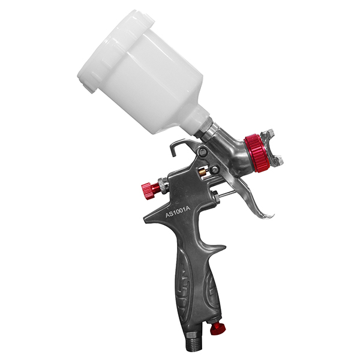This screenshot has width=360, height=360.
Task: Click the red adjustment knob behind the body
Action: coord(150,187)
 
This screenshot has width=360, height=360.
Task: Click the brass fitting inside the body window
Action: coord(203,172)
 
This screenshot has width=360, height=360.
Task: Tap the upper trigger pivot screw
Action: coord(203,151)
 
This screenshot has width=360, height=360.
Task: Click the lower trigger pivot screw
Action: coord(215,169)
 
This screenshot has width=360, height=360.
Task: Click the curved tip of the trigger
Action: coord(266,216)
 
